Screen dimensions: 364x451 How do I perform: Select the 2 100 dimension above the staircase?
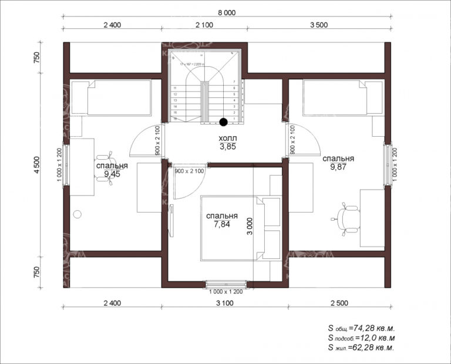(x=204, y=25)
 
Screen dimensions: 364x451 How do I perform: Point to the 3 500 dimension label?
(x=318, y=25)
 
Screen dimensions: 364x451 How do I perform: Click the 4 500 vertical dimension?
(x=37, y=166)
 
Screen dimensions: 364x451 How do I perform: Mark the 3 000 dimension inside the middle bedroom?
(x=250, y=227)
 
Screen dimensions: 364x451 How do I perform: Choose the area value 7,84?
(x=222, y=224)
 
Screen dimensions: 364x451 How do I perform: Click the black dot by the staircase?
(x=223, y=122)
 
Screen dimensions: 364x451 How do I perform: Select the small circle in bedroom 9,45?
(x=78, y=214)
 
